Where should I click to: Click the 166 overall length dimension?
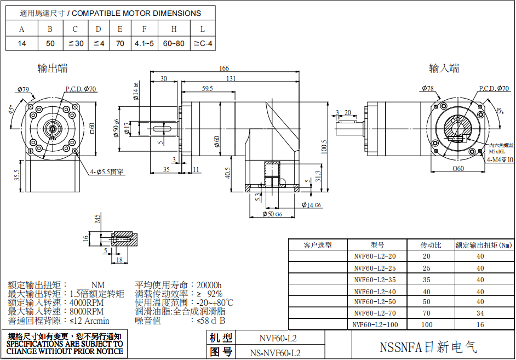pyautogui.click(x=223, y=68)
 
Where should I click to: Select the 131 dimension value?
pyautogui.click(x=231, y=79)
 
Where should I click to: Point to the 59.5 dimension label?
pyautogui.click(x=208, y=88)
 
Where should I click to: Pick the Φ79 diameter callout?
pyautogui.click(x=23, y=89)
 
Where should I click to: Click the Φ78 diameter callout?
pyautogui.click(x=428, y=88)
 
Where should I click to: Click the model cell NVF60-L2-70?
pyautogui.click(x=375, y=313)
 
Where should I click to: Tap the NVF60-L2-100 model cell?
pyautogui.click(x=375, y=324)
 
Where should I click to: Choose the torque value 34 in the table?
pyautogui.click(x=480, y=313)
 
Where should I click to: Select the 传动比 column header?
pyautogui.click(x=431, y=245)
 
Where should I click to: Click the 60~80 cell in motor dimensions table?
pyautogui.click(x=174, y=43)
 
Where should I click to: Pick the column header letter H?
pyautogui.click(x=174, y=29)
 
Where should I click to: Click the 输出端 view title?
pyautogui.click(x=53, y=68)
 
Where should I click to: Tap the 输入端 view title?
pyautogui.click(x=444, y=68)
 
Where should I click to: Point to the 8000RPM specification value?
pyautogui.click(x=87, y=311)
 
